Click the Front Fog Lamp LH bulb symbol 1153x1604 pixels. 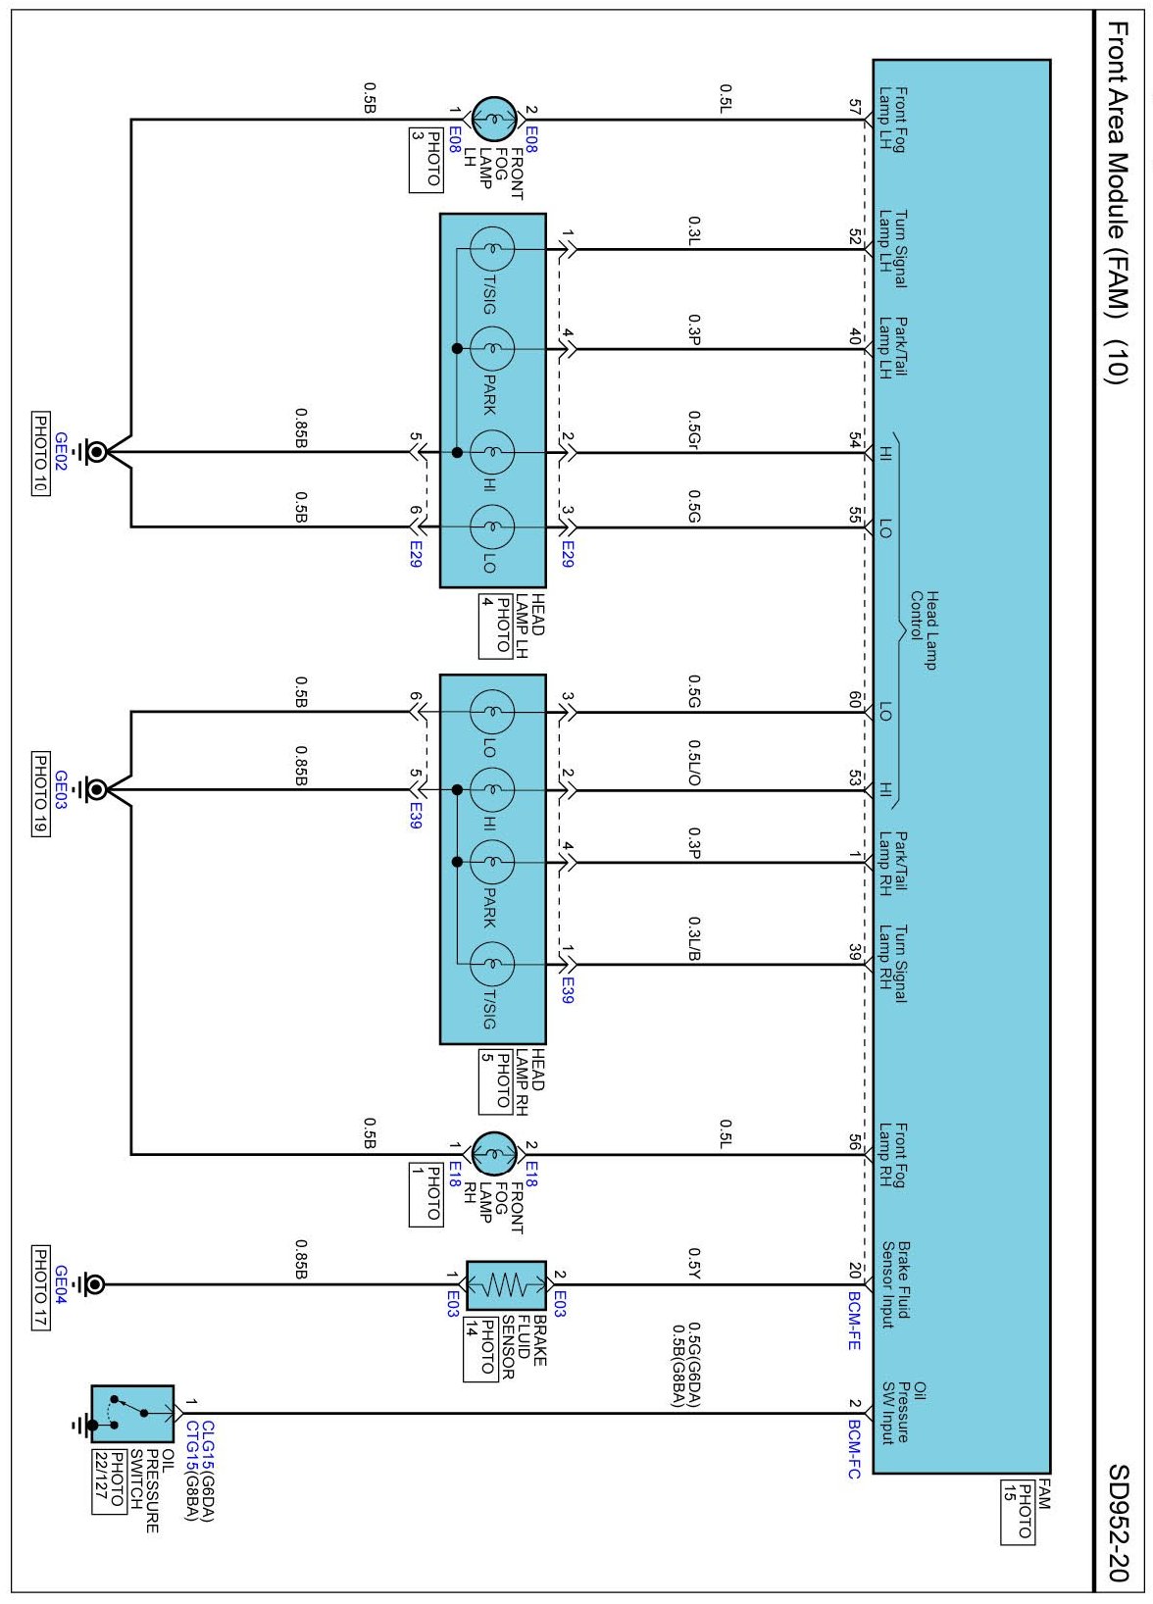coord(494,119)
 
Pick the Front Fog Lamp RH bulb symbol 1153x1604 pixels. coord(494,1154)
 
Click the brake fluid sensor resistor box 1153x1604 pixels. coord(506,1285)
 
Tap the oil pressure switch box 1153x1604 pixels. coord(132,1414)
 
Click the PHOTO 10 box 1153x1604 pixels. coord(41,453)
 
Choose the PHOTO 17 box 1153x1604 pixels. coord(41,1288)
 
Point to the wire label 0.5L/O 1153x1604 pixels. coord(693,763)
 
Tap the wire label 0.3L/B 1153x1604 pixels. coord(693,938)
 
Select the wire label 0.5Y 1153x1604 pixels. coord(693,1263)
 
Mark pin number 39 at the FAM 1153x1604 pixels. coord(854,952)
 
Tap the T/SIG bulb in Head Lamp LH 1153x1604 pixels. coord(491,248)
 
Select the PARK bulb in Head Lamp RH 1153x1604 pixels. coord(491,862)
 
